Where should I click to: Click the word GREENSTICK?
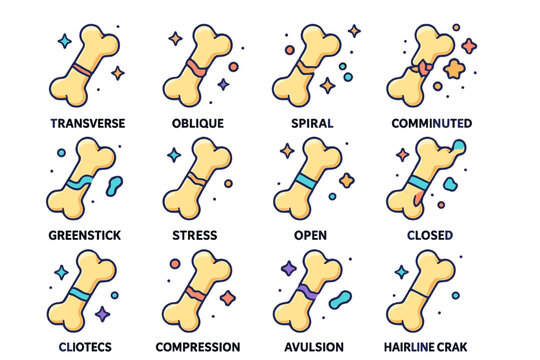coord(84,236)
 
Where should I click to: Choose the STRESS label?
coord(196,236)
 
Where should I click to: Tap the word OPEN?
coord(309,236)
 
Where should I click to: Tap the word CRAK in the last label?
coord(459,347)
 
